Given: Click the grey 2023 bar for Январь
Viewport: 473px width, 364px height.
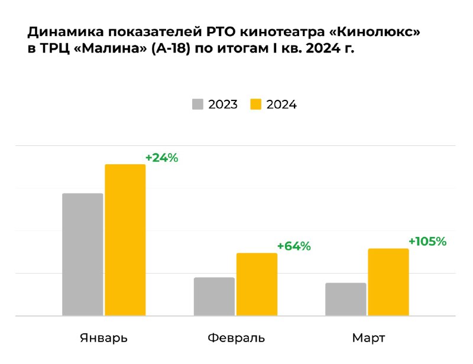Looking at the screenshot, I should pyautogui.click(x=82, y=255).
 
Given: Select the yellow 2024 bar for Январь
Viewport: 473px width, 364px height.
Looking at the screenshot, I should pyautogui.click(x=125, y=240).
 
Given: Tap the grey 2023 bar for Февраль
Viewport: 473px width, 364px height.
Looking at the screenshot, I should pyautogui.click(x=214, y=297).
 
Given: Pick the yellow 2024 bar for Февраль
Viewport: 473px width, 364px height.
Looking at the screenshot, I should pyautogui.click(x=257, y=284).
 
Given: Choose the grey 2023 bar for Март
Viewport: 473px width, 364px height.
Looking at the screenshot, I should pyautogui.click(x=346, y=300).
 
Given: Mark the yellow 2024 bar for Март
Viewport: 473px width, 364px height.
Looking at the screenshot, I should pyautogui.click(x=388, y=282).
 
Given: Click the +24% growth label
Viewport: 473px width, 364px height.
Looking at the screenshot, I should pyautogui.click(x=161, y=158).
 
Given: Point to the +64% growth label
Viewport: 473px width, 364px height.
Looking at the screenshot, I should pyautogui.click(x=294, y=246).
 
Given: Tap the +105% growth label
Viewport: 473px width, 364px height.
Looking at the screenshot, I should pyautogui.click(x=427, y=241).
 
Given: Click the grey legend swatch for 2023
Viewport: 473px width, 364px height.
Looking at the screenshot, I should pyautogui.click(x=197, y=105).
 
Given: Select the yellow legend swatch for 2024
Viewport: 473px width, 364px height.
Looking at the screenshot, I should pyautogui.click(x=255, y=105).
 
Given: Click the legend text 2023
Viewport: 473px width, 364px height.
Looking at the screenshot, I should pyautogui.click(x=223, y=105).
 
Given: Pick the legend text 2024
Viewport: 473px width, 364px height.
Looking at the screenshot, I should pyautogui.click(x=281, y=105).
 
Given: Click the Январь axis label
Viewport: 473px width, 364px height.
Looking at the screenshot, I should pyautogui.click(x=103, y=339).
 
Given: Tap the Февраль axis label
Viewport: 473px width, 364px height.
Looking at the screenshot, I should pyautogui.click(x=236, y=339).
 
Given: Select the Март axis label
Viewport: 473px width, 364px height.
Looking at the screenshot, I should pyautogui.click(x=368, y=339).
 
